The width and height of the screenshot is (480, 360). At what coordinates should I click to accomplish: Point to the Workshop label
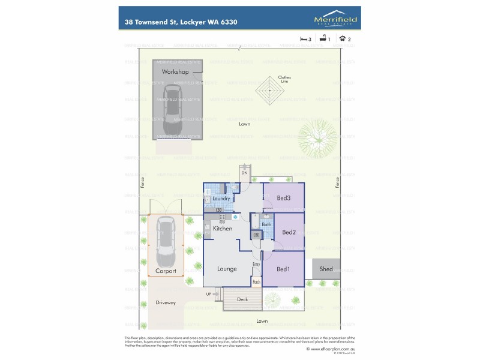click(x=175, y=72)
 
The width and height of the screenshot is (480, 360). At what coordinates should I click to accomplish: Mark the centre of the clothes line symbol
click(x=270, y=91)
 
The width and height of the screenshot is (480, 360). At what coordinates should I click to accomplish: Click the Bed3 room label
click(x=283, y=199)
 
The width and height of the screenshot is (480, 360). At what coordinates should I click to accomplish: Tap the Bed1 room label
click(x=283, y=269)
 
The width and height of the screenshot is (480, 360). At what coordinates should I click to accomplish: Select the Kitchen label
click(x=223, y=229)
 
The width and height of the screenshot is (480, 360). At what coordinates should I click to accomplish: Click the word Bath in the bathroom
click(x=266, y=224)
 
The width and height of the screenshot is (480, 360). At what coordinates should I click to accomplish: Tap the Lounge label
click(x=227, y=269)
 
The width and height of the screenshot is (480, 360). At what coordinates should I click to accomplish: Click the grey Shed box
click(x=329, y=269)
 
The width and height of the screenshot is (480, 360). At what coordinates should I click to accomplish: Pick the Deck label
click(x=242, y=299)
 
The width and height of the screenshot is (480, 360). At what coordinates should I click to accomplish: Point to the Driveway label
click(x=166, y=302)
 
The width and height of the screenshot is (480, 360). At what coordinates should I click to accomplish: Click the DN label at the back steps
click(x=244, y=173)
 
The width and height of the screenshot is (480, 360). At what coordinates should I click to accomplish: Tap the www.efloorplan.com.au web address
click(x=333, y=349)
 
